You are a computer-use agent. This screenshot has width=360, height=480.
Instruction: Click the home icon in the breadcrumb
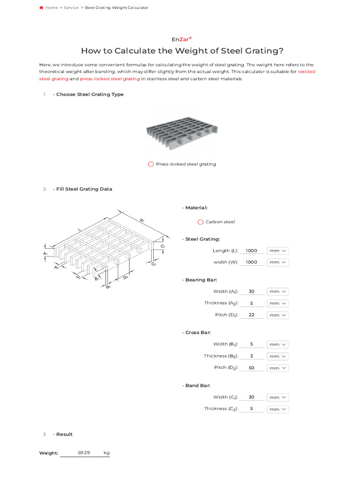pos(41,7)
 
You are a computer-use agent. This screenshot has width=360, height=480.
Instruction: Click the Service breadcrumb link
pos(71,7)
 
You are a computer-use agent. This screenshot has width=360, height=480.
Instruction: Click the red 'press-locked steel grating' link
pos(110,79)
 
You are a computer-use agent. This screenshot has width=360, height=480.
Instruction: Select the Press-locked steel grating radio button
pos(150,164)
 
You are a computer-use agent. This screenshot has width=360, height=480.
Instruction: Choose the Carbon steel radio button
pos(201,222)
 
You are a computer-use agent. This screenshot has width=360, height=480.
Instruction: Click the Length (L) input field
pos(251,251)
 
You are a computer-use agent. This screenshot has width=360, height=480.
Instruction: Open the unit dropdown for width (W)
pos(277,262)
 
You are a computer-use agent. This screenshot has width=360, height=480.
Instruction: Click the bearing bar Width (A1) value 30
pos(251,292)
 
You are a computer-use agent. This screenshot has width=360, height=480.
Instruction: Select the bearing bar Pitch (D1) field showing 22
pos(251,315)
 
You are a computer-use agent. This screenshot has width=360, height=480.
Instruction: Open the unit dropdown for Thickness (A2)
pos(277,303)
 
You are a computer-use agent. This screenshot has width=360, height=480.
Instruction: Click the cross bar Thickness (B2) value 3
pos(251,356)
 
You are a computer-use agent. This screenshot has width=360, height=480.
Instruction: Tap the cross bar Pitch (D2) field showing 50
pos(251,368)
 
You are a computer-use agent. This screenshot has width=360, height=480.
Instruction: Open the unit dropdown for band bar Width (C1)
pos(277,397)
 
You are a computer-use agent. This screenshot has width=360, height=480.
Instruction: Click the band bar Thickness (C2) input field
pos(251,409)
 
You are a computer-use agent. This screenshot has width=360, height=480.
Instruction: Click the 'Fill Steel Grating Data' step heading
pos(84,189)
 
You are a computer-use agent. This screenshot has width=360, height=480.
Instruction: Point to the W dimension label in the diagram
pos(142,219)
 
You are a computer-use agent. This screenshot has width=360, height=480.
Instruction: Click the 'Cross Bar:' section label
pos(198,332)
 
